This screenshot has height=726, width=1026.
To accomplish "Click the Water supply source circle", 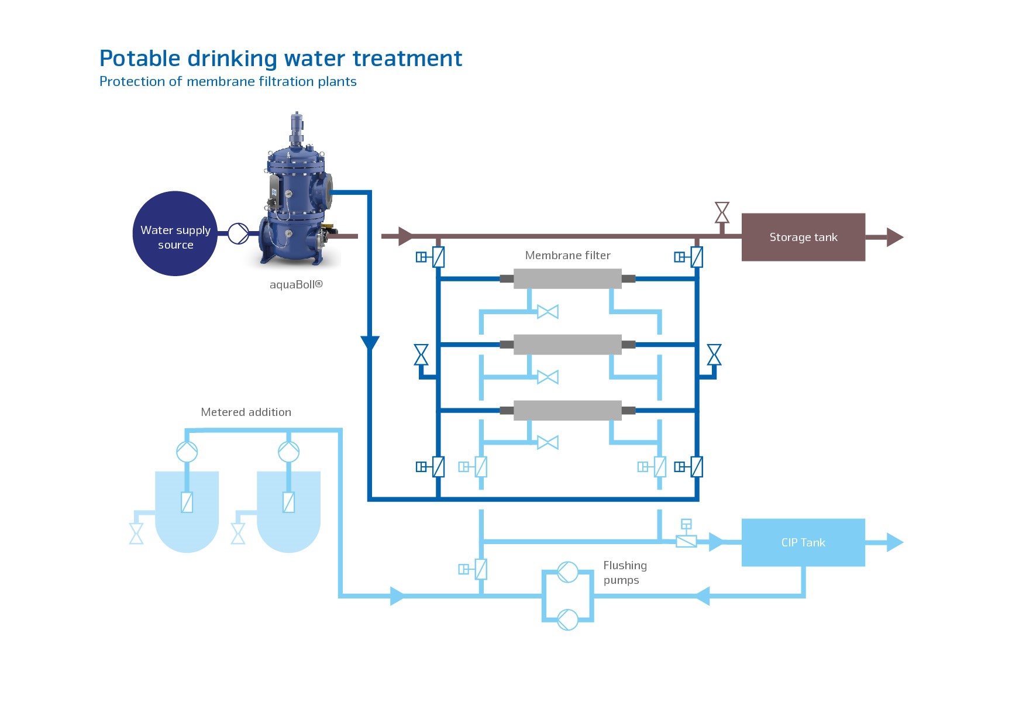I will tap(175, 233).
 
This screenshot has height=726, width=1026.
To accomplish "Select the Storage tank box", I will tap(803, 237).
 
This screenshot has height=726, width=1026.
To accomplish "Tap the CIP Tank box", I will tap(803, 542).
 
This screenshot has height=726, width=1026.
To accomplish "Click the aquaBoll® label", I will tap(296, 285).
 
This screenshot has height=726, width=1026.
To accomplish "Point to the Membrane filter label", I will tap(567, 255).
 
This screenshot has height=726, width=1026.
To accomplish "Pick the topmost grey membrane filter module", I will tap(567, 278).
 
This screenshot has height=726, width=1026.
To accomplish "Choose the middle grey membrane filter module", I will tap(567, 345).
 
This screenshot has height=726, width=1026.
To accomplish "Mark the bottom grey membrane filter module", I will tap(567, 410).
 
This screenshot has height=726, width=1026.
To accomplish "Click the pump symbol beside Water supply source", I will tap(238, 233).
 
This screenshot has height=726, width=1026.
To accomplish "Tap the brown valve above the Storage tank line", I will tap(722, 213).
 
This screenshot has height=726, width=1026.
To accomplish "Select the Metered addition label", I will tap(246, 412).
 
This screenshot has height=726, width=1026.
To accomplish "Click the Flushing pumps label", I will tap(625, 573).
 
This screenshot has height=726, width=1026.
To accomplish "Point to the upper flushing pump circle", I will tap(567, 572).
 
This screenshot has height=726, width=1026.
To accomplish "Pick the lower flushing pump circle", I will tap(567, 619).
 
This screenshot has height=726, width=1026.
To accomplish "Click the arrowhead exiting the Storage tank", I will tap(894, 237).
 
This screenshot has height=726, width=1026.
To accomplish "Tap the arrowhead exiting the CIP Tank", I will tap(894, 542).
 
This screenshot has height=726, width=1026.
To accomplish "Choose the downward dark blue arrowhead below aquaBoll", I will tap(370, 343).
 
